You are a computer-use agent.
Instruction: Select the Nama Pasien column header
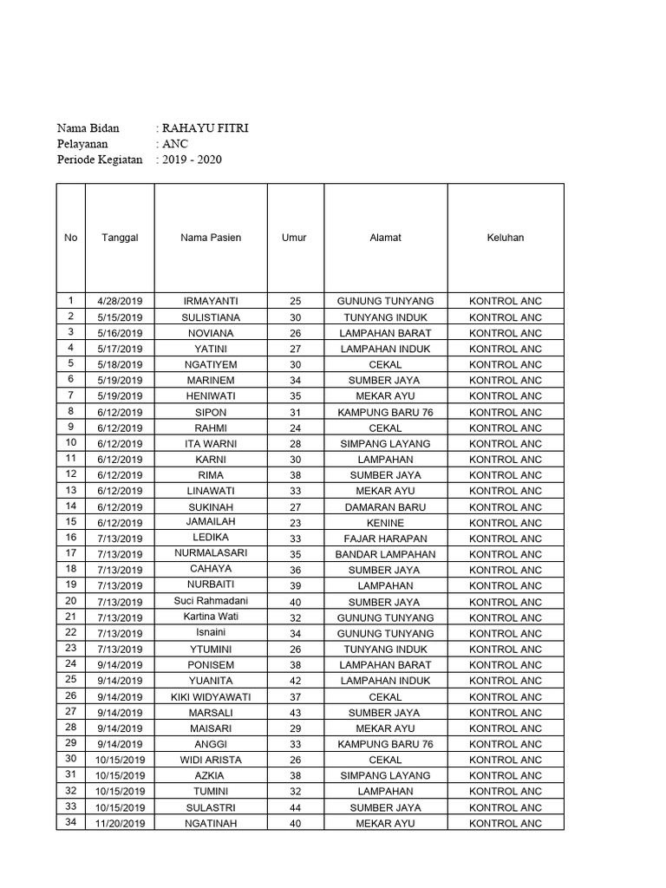click(x=211, y=238)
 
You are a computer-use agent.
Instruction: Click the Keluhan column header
click(x=506, y=238)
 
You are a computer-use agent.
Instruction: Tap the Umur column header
click(x=295, y=238)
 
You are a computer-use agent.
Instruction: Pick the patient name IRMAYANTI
click(x=211, y=301)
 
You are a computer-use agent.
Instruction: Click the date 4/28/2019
click(x=120, y=301)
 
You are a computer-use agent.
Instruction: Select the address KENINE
click(x=385, y=523)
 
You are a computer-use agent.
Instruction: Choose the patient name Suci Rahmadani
click(x=211, y=602)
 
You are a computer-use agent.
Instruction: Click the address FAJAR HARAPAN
click(x=385, y=539)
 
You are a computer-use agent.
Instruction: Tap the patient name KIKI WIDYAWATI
click(x=211, y=697)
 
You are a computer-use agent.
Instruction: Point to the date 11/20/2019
click(x=120, y=823)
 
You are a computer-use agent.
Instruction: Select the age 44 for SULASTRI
click(x=295, y=807)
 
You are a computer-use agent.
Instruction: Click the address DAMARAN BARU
click(x=385, y=507)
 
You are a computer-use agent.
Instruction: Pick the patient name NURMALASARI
click(x=211, y=554)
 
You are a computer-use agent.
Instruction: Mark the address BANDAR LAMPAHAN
click(x=385, y=554)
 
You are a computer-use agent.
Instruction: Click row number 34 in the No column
click(x=71, y=822)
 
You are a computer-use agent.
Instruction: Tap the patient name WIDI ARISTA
click(x=211, y=760)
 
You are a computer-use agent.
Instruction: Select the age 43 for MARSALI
click(x=295, y=713)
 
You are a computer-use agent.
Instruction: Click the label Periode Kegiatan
click(x=100, y=160)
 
